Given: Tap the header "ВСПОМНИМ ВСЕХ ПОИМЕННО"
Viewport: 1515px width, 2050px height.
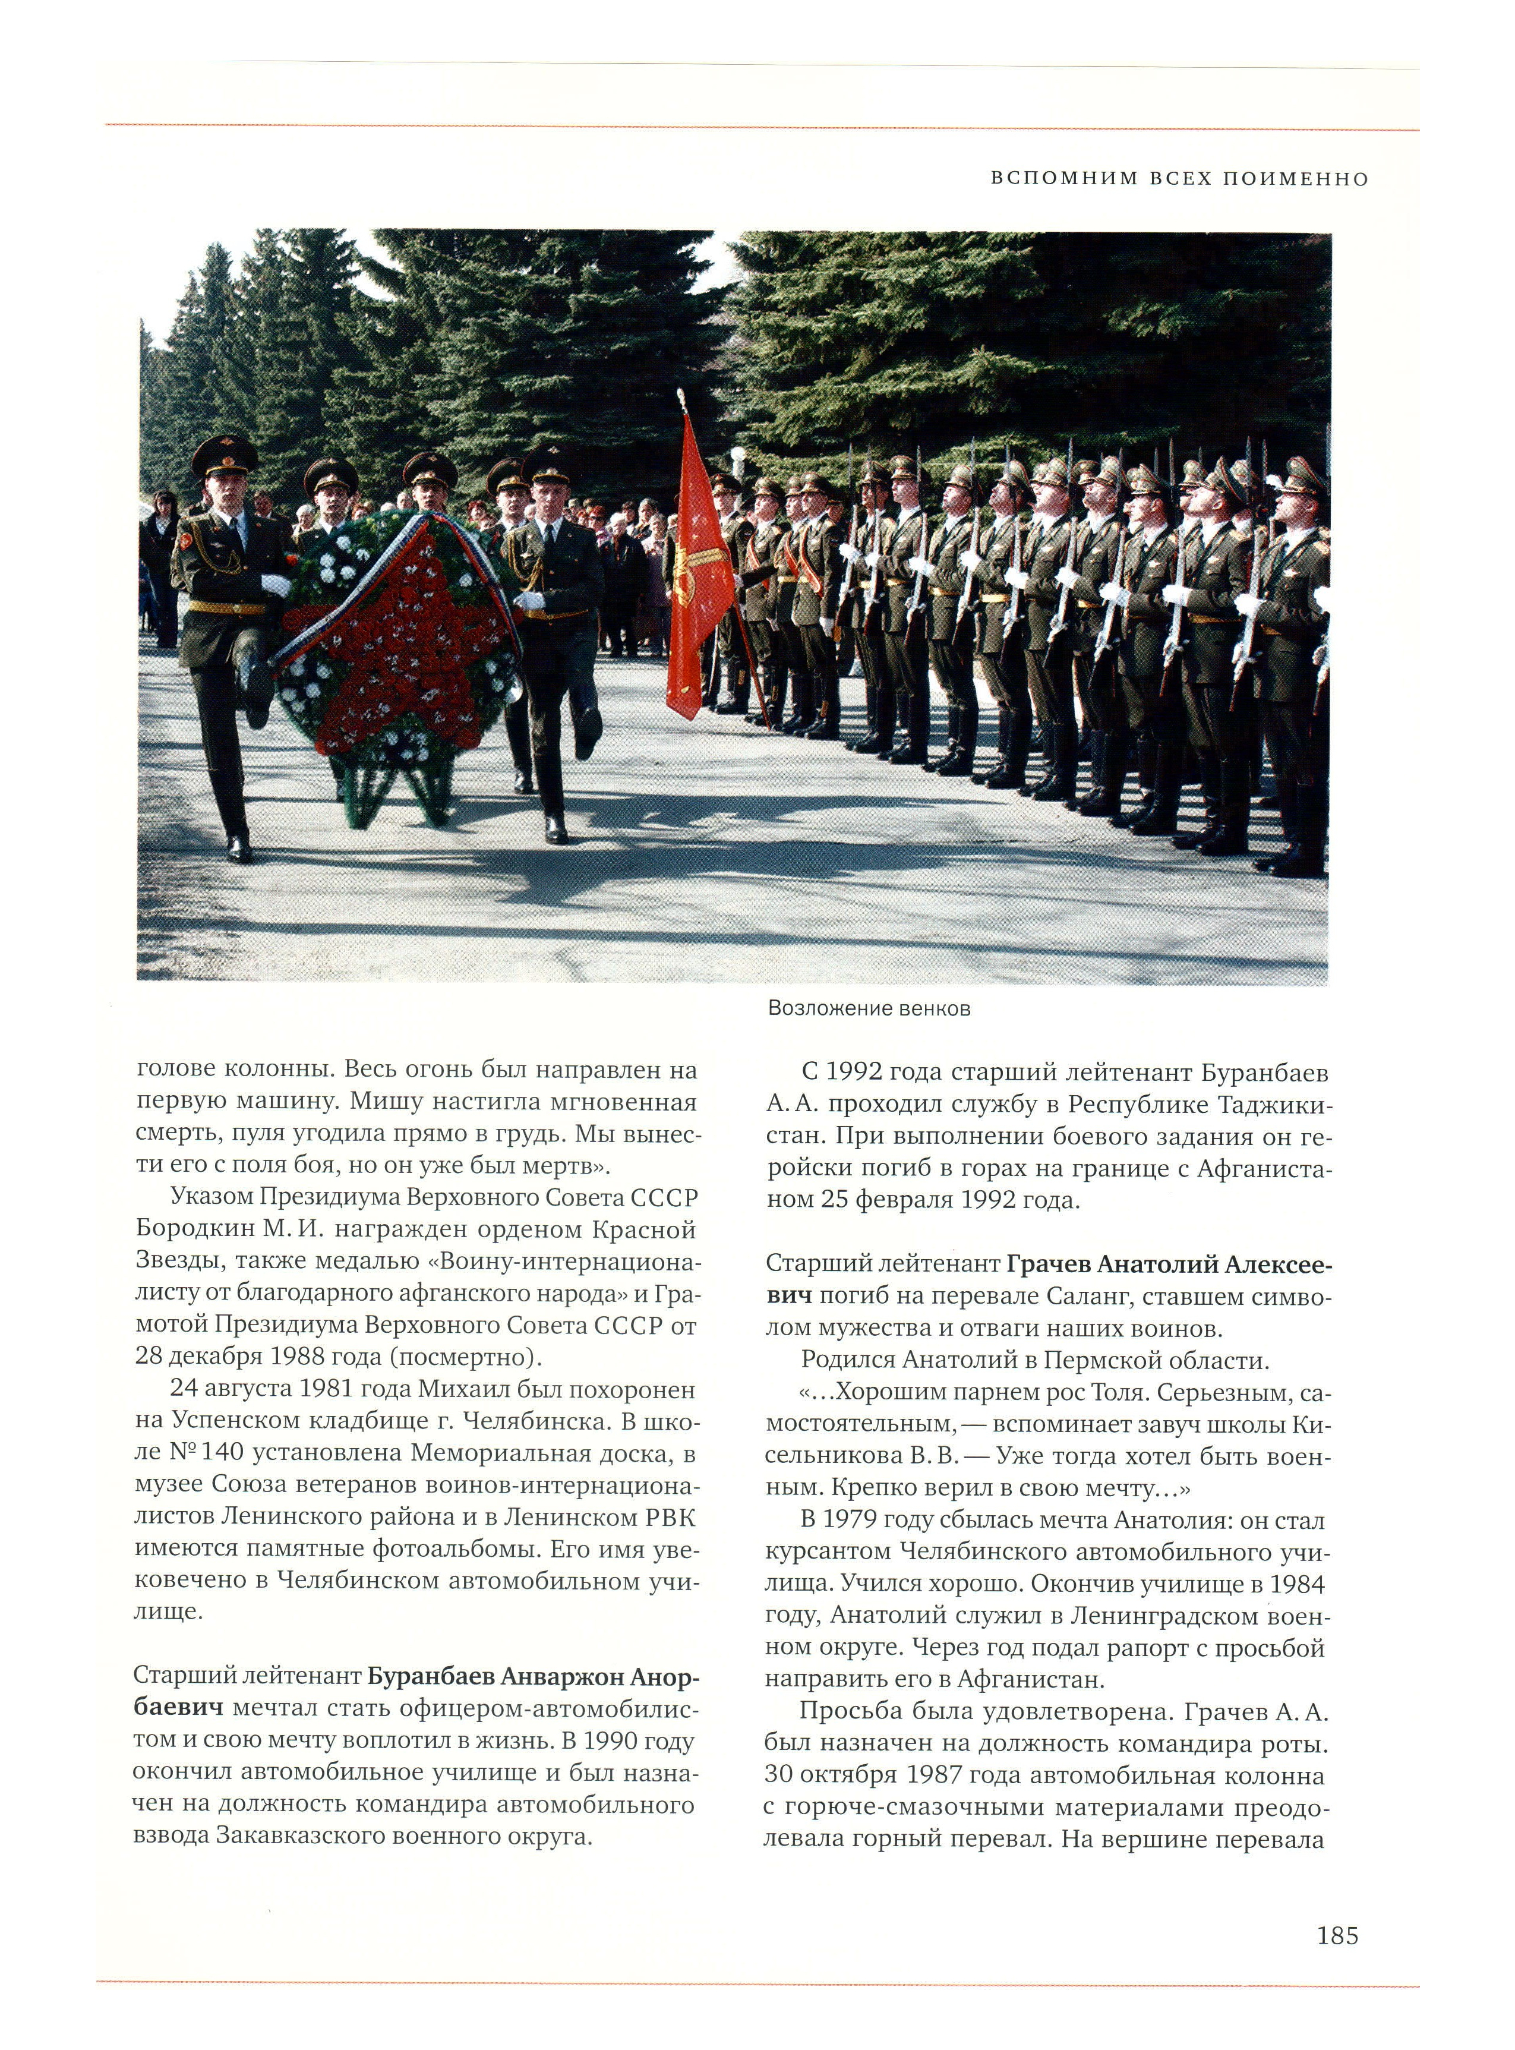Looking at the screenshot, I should pyautogui.click(x=1179, y=179).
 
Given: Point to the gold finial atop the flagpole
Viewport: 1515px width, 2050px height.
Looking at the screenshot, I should pyautogui.click(x=680, y=398).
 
